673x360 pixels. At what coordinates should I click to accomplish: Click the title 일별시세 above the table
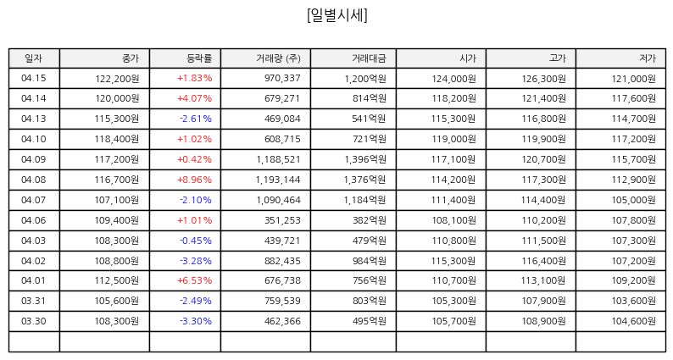coord(337,15)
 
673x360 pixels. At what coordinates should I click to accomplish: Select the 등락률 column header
coord(199,58)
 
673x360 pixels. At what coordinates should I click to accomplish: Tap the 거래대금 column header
coord(369,58)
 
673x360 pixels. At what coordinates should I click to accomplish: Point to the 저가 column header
coord(648,58)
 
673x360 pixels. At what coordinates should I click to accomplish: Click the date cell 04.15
coord(33,78)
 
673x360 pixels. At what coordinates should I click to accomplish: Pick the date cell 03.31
coord(33,301)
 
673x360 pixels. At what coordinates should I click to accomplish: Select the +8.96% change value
coord(194,180)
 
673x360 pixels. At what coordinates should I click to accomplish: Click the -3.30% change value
coord(196,321)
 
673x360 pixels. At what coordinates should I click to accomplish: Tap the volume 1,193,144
coord(278,180)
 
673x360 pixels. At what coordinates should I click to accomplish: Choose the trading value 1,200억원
coord(365,79)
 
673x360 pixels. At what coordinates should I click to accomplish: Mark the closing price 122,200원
coord(117,79)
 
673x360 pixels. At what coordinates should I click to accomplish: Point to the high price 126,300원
coord(544,79)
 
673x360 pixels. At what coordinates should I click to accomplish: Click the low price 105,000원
coord(633,200)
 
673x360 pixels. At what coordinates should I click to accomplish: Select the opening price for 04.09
coord(453,159)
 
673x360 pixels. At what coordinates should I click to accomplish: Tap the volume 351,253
coord(282,220)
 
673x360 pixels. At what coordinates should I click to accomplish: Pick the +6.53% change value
coord(194,280)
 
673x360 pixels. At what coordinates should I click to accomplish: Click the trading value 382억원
coord(370,220)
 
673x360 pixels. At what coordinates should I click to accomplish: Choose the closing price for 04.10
coord(117,139)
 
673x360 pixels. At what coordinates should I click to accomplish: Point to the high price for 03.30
coord(544,321)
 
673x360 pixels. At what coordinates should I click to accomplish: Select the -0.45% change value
coord(196,241)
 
